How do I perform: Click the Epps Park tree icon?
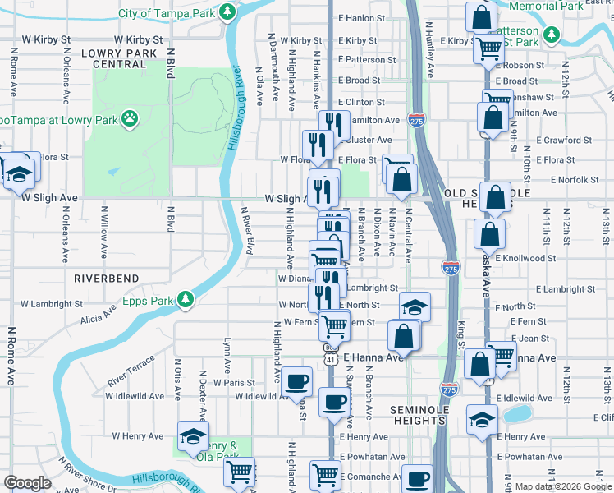(186, 300)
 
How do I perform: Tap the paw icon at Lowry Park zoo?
(130, 119)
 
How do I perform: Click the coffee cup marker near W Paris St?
(298, 381)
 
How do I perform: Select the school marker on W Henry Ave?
(193, 435)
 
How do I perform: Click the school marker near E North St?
(415, 306)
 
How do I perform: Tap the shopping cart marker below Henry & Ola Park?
(240, 472)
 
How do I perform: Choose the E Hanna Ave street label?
(374, 357)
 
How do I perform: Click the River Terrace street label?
(131, 372)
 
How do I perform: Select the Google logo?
(27, 484)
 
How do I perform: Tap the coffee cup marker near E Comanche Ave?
(417, 479)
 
